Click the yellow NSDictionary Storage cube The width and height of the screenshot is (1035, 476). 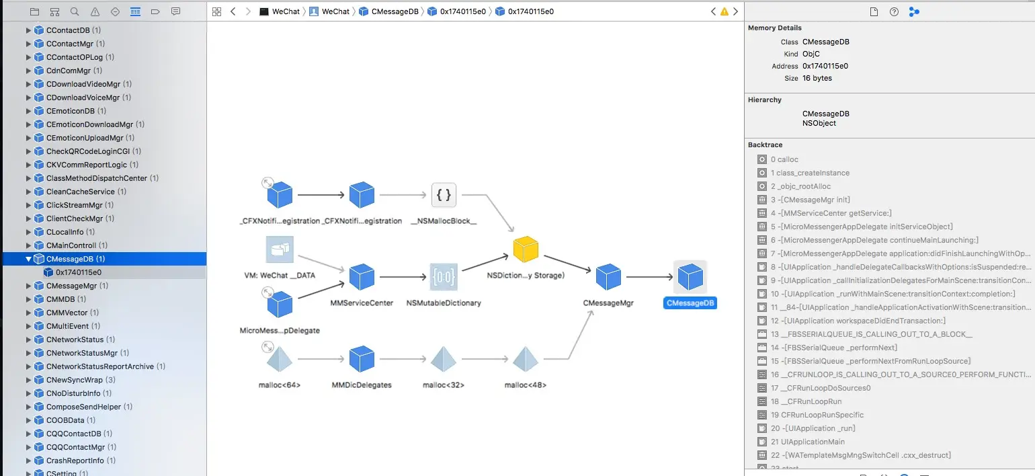point(526,249)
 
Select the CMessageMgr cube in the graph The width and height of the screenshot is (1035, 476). point(608,277)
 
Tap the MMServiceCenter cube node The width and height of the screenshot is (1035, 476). point(362,277)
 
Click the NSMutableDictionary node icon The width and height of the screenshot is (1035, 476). point(444,277)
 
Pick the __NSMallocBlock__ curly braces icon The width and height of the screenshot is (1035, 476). point(444,196)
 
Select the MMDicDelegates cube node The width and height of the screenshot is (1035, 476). point(362,359)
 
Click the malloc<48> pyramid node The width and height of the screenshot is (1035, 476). point(526,359)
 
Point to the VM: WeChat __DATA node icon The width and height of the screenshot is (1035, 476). point(280,249)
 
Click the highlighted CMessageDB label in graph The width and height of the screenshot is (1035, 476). point(690,303)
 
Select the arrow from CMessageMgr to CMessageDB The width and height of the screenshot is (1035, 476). point(651,277)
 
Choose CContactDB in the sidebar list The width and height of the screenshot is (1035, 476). point(67,30)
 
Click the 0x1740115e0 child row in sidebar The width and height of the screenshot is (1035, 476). point(79,272)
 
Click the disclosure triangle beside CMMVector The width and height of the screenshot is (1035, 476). point(28,313)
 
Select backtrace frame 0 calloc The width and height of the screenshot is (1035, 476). point(784,159)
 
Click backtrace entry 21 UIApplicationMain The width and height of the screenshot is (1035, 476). point(807,442)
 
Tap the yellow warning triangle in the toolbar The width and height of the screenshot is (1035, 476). point(724,11)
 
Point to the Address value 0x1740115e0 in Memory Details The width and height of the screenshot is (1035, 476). point(825,66)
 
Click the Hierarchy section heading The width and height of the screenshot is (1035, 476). point(764,100)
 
